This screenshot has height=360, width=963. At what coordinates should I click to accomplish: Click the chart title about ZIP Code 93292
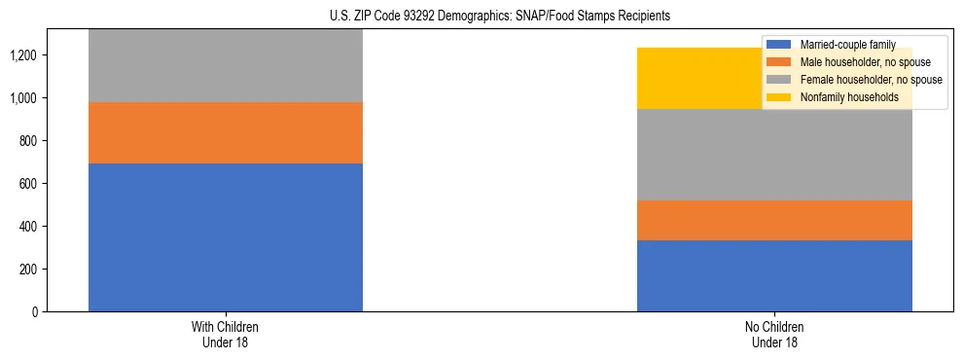(x=481, y=17)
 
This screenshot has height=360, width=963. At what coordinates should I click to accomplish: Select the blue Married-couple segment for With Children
(x=226, y=237)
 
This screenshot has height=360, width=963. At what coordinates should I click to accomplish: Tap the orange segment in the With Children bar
(x=226, y=132)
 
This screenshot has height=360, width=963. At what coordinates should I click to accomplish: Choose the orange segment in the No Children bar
(x=774, y=220)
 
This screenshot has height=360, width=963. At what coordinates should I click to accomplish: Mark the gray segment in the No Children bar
(x=774, y=155)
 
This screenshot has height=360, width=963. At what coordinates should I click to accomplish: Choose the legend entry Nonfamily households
(x=842, y=97)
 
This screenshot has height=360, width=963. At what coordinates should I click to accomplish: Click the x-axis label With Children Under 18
(x=226, y=334)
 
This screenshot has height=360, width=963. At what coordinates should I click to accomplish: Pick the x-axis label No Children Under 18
(x=774, y=334)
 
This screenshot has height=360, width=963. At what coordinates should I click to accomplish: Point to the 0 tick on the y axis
(x=36, y=312)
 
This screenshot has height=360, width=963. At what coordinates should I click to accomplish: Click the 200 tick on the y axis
(x=28, y=270)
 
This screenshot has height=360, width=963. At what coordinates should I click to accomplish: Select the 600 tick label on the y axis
(x=28, y=184)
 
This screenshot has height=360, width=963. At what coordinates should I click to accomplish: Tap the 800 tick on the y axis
(x=28, y=141)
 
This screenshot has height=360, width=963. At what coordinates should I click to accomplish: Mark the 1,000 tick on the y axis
(x=24, y=98)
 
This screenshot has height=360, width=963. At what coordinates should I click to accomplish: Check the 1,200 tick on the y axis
(x=24, y=55)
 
